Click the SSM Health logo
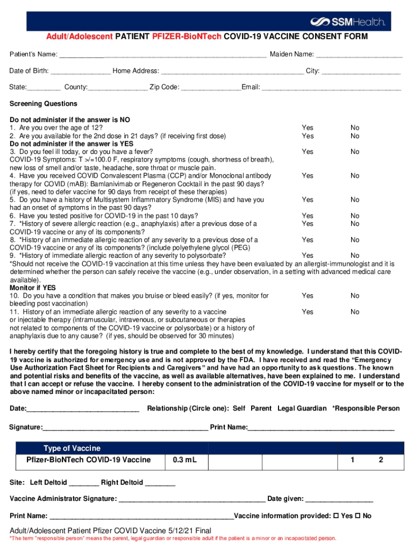[348, 22]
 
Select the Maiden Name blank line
[359, 55]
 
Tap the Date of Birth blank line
[81, 72]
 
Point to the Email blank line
[331, 88]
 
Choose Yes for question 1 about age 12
[308, 128]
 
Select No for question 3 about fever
[355, 152]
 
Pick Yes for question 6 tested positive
[308, 216]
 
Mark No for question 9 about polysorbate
[355, 256]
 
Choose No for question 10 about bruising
[355, 296]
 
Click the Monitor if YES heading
[33, 288]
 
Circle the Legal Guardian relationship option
[302, 408]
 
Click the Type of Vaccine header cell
[72, 448]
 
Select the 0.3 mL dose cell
[185, 461]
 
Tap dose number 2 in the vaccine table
[381, 460]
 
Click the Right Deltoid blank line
[160, 483]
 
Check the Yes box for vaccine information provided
[336, 516]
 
